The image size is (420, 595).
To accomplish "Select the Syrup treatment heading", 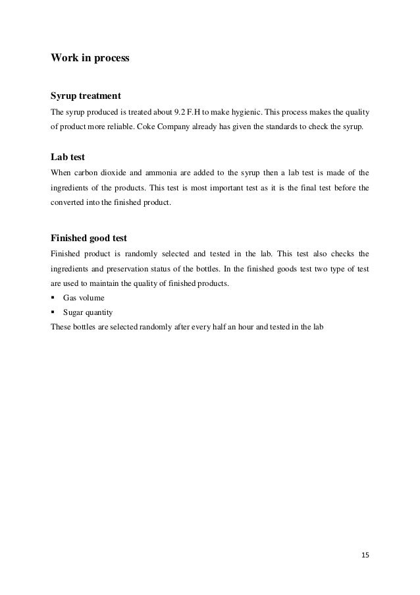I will coord(86,97).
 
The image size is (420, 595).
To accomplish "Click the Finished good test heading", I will coord(93,237).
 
